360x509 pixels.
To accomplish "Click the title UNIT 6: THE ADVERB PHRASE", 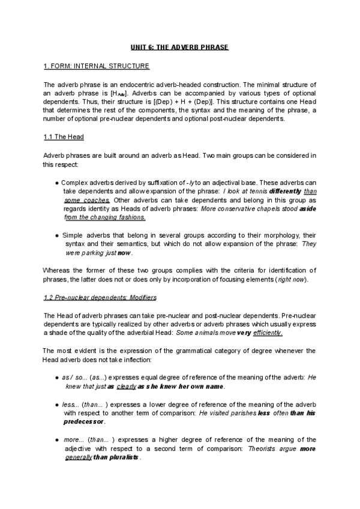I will click(180, 47).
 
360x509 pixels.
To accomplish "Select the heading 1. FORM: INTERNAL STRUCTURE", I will click(97, 65).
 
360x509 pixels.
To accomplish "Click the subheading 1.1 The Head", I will click(64, 137).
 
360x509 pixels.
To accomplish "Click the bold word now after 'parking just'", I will click(124, 254).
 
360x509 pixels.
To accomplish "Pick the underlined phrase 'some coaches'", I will click(87, 200).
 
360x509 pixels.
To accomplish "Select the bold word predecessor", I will click(85, 422).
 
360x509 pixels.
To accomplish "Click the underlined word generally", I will click(77, 457).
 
